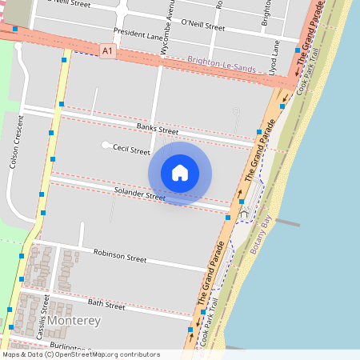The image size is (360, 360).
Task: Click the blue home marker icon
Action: pyautogui.click(x=180, y=172)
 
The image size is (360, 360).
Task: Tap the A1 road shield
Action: pyautogui.click(x=106, y=50)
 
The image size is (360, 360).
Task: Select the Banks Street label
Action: pyautogui.click(x=157, y=129)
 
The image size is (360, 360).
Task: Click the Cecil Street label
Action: pyautogui.click(x=131, y=150)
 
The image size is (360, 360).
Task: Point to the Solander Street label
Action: pyautogui.click(x=139, y=194)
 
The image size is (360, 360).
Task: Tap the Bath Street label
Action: pyautogui.click(x=106, y=305)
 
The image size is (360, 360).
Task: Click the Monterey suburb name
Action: pyautogui.click(x=74, y=321)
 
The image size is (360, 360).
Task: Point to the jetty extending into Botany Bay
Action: pyautogui.click(x=286, y=223)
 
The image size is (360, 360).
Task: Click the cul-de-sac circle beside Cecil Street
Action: pyautogui.click(x=106, y=145)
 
